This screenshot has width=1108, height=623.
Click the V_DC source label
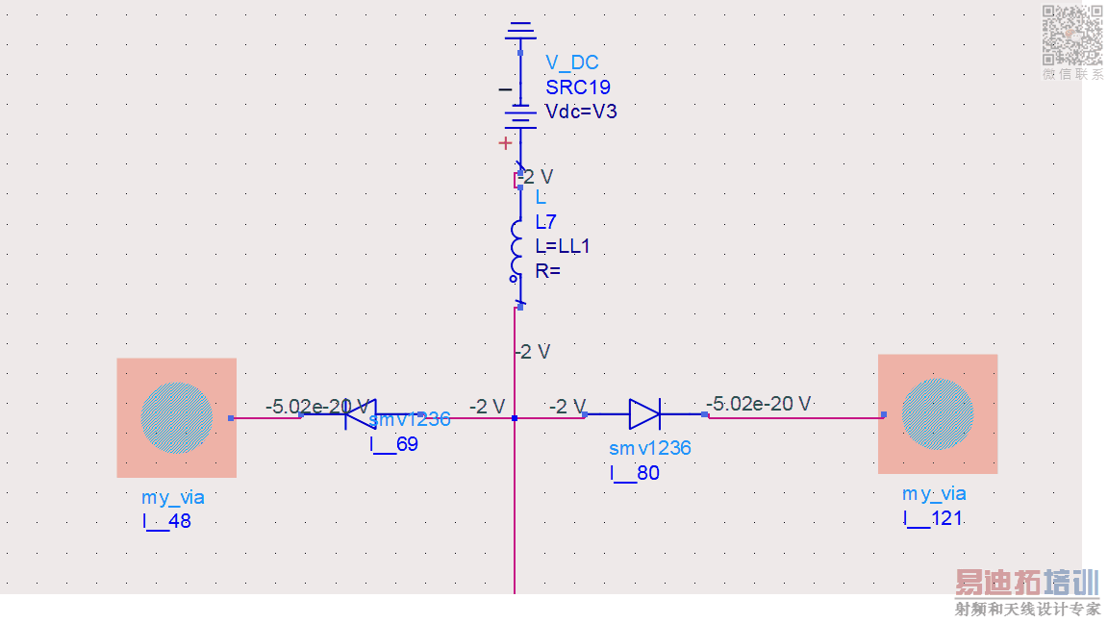(x=571, y=62)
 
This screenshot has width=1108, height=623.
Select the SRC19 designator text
(x=577, y=87)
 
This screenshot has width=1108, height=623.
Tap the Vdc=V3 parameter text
(x=581, y=112)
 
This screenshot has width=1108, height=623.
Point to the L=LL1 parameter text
(x=562, y=246)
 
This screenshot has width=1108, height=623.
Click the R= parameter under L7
(x=547, y=271)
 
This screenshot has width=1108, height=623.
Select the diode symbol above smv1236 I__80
(x=643, y=414)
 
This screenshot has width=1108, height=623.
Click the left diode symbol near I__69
(x=360, y=414)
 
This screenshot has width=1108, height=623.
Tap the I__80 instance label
(x=634, y=472)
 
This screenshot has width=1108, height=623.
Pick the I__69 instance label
(x=393, y=443)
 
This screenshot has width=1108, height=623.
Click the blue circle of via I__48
(x=176, y=418)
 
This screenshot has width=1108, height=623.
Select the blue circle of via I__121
(x=937, y=414)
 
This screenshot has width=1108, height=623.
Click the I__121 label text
(x=932, y=518)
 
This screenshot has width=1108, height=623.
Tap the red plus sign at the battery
(x=505, y=143)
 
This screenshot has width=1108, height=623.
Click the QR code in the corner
(x=1072, y=35)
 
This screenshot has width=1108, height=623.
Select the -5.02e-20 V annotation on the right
(x=758, y=403)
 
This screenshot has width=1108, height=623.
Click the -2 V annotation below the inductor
(x=533, y=352)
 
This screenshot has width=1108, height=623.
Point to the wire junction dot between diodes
(x=515, y=417)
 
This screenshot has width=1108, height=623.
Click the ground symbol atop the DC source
(x=520, y=32)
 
